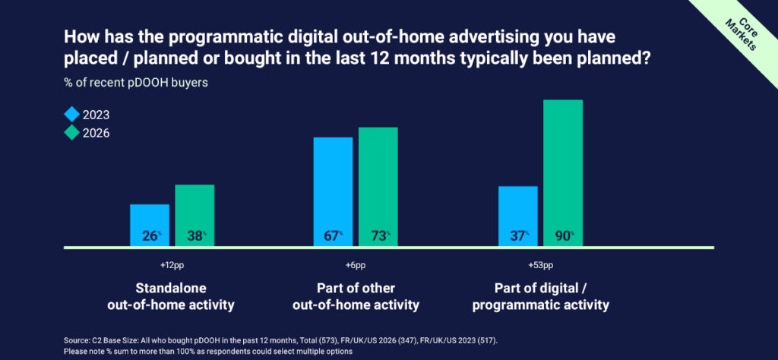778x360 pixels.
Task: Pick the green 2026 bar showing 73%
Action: [x=378, y=186]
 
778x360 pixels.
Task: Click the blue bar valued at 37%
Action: [x=517, y=216]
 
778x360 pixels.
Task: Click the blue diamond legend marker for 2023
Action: [x=71, y=115]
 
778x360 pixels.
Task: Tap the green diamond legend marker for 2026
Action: [x=71, y=132]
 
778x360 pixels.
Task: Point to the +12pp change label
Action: [x=172, y=267]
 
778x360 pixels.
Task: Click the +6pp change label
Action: [x=355, y=267]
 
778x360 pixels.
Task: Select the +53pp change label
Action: [x=540, y=267]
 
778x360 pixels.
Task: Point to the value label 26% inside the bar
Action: [x=149, y=236]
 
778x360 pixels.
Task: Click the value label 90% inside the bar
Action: [x=562, y=236]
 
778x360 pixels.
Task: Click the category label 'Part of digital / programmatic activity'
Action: [x=540, y=297]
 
